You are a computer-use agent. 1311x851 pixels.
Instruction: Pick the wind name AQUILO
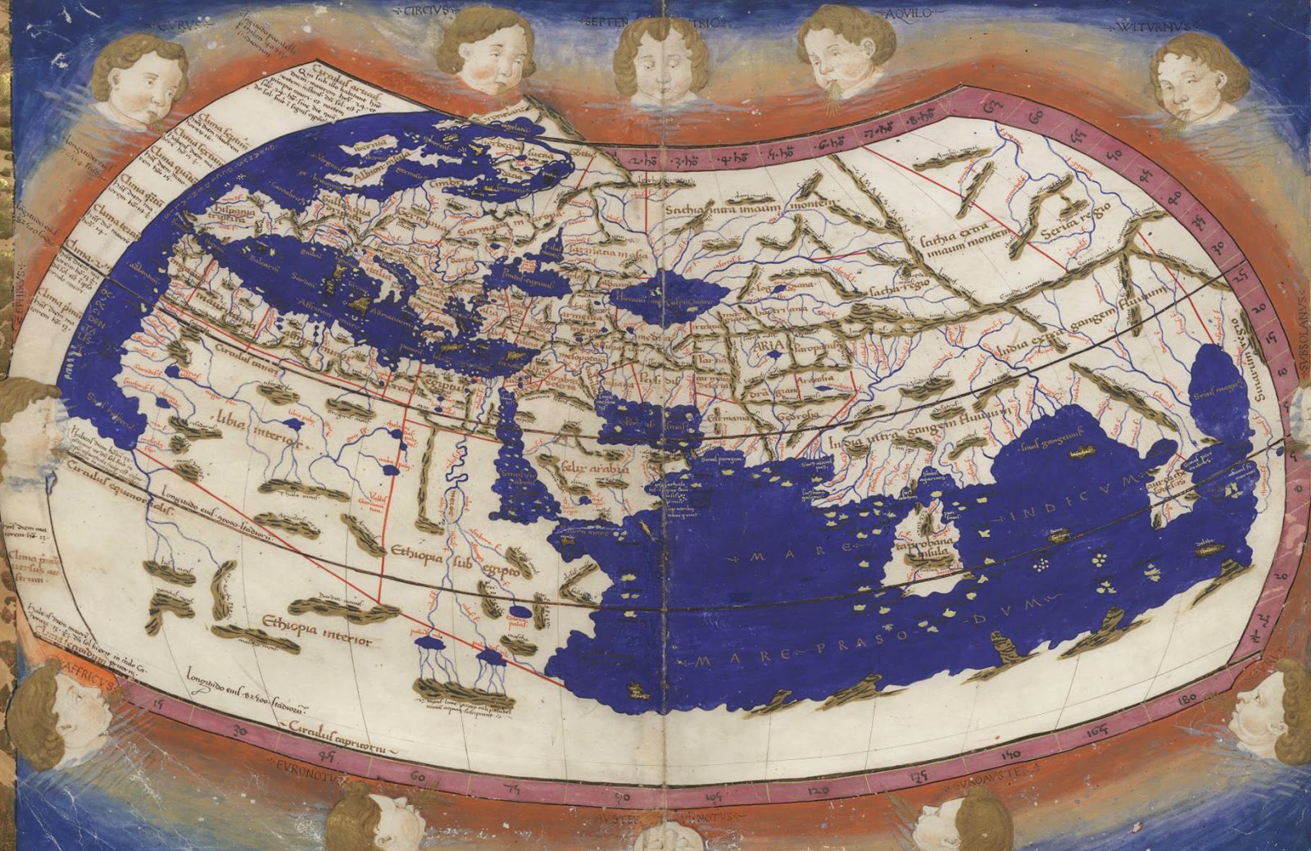point(911,13)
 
